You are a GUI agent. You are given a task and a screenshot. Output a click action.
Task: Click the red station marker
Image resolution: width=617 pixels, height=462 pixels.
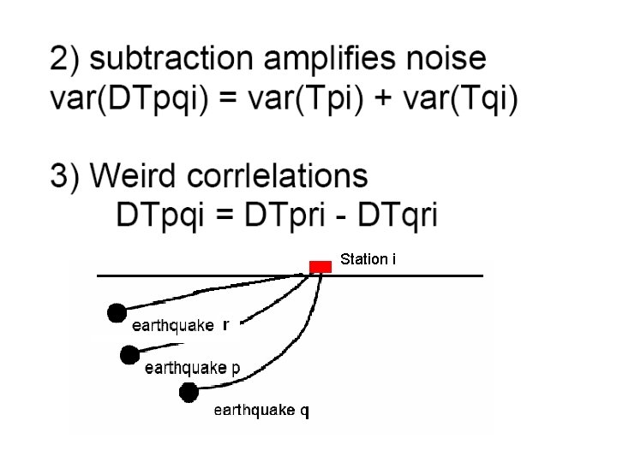pyautogui.click(x=320, y=266)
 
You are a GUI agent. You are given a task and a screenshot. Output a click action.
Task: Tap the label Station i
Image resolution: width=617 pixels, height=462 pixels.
pyautogui.click(x=368, y=258)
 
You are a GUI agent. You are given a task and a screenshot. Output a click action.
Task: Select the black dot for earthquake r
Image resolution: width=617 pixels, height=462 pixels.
pyautogui.click(x=117, y=313)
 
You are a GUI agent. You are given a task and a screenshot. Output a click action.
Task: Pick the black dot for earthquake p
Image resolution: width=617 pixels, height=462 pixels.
pyautogui.click(x=130, y=354)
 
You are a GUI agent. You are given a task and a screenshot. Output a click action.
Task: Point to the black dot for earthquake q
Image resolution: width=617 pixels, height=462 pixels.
pyautogui.click(x=189, y=392)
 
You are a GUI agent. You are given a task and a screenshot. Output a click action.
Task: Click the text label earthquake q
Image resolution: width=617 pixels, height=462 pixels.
pyautogui.click(x=261, y=411)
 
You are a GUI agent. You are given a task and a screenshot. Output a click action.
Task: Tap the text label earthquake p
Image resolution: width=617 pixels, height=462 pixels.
pyautogui.click(x=192, y=368)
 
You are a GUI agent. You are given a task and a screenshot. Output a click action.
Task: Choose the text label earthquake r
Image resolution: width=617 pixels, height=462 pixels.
pyautogui.click(x=180, y=325)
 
